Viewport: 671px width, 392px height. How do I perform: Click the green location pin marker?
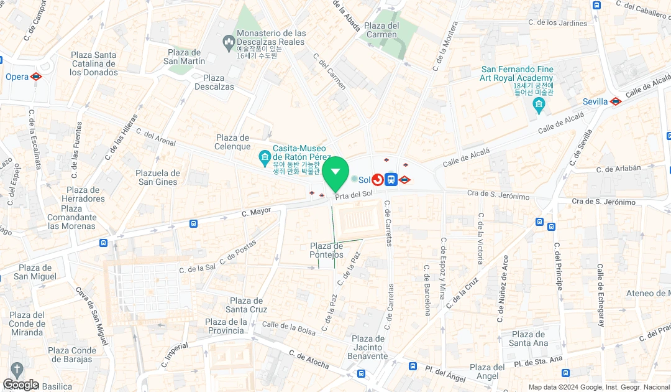click(335, 172)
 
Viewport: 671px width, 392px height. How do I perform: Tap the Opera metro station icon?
click(36, 77)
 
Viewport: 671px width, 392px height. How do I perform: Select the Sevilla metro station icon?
click(615, 101)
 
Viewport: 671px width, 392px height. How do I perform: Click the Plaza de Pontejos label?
click(326, 250)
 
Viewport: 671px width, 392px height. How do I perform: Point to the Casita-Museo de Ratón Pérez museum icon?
click(265, 156)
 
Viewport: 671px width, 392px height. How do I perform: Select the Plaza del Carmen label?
click(381, 30)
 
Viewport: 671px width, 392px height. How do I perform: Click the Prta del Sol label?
click(354, 195)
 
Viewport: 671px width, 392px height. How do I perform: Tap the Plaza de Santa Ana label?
click(528, 338)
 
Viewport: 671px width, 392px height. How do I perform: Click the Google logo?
click(21, 385)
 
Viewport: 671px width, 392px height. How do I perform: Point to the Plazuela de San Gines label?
click(158, 177)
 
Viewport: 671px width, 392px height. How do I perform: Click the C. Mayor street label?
click(256, 212)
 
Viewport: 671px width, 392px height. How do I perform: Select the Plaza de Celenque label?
click(232, 142)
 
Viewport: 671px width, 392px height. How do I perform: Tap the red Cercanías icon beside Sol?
click(377, 180)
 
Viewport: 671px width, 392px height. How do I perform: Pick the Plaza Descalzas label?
click(214, 82)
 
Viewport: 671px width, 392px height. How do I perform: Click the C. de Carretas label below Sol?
click(388, 222)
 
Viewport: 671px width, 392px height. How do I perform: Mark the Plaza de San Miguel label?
click(35, 272)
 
